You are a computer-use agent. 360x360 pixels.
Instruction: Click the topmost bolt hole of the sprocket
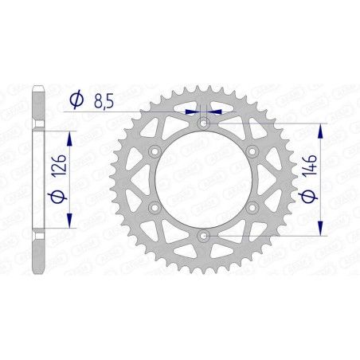pyautogui.click(x=203, y=122)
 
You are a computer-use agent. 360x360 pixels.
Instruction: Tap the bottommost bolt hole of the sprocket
pyautogui.click(x=203, y=237)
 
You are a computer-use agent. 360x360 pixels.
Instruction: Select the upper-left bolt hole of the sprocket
pyautogui.click(x=154, y=151)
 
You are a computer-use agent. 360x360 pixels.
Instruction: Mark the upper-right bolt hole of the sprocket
pyautogui.click(x=252, y=151)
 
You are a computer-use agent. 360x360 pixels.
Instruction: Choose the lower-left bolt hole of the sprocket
pyautogui.click(x=154, y=208)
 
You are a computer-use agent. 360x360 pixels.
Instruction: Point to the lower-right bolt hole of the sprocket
pyautogui.click(x=252, y=208)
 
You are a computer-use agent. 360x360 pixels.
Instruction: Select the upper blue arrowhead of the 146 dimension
pyautogui.click(x=320, y=129)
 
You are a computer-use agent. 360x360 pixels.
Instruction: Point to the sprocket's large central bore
pyautogui.click(x=203, y=179)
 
